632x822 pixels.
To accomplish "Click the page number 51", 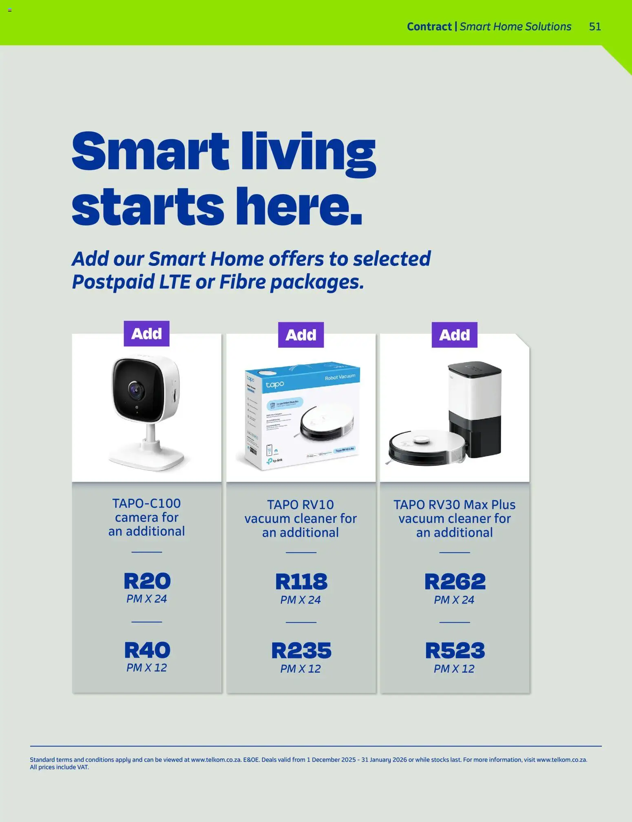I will click(595, 27).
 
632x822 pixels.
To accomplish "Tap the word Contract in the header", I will click(429, 27).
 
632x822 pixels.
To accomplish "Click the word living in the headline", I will click(308, 152).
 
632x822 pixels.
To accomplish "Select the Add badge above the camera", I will click(146, 334).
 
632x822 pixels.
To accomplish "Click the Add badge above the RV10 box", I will click(301, 335).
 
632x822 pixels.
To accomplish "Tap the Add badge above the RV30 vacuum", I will click(454, 335).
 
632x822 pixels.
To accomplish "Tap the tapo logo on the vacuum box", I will click(275, 384).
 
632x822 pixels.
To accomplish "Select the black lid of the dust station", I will click(475, 370).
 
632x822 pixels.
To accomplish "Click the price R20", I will click(147, 581).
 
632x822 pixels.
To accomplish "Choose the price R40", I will click(147, 650).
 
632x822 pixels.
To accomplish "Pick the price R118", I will click(301, 582).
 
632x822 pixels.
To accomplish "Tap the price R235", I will click(301, 651).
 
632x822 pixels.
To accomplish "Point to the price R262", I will click(455, 582).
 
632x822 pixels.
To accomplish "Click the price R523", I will click(455, 651).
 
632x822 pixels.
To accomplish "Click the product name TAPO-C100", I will click(146, 504).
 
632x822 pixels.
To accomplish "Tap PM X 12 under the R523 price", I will click(454, 669).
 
